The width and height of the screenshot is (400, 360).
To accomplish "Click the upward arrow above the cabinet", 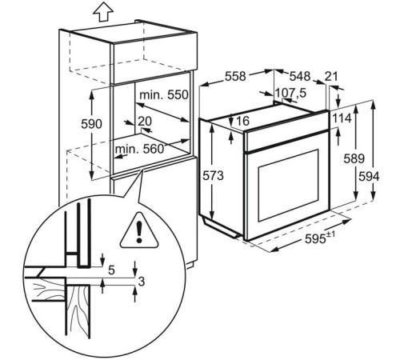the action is pos(103,13).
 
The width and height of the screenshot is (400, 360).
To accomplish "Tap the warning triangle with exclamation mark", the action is pos(139,230).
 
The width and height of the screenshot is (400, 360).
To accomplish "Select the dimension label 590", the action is pos(91,124).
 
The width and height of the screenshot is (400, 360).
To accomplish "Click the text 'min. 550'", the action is pos(164,95).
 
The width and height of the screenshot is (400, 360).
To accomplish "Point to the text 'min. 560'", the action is pos(139,149).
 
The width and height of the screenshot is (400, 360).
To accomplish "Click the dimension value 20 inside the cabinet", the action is pos(145,122).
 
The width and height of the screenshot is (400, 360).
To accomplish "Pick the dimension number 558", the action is pos(235,77).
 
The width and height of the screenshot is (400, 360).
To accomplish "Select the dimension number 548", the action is pos(300,77).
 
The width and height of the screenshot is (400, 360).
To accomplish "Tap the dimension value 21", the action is pos(331,77).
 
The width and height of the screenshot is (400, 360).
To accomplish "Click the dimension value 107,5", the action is pos(290,94).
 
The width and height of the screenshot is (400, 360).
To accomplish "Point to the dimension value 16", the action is pos(242,121).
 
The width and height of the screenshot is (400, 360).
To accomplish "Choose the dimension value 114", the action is pos(342,118).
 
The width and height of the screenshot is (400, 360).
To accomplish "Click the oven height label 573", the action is pos(214,176).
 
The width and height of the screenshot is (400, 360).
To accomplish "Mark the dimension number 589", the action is pos(354,158).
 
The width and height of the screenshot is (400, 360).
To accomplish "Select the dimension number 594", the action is pos(369,177).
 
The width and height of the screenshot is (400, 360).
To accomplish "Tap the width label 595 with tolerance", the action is pos(320,238).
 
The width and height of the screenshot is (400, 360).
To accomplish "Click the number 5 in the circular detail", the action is pos(111,270).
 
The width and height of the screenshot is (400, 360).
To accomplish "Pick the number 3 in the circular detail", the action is pos(142,282).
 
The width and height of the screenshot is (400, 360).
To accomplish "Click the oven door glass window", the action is pos(288,185).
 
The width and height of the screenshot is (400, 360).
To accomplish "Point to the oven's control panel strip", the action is pos(287,141).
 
